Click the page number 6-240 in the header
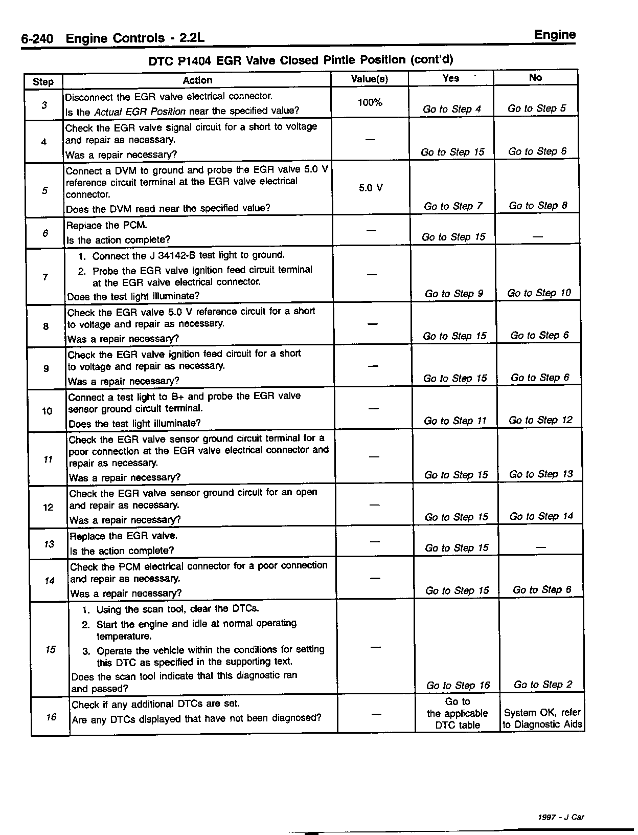point(37,39)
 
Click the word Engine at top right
point(555,35)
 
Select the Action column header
point(197,80)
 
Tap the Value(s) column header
point(370,79)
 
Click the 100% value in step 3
point(370,102)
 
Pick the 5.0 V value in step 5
point(371,188)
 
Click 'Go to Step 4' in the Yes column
point(452,109)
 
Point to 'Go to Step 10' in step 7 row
point(539,293)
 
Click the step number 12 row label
point(48,507)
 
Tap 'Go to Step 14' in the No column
point(541,516)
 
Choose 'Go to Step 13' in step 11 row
point(541,474)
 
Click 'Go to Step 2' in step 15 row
point(543,685)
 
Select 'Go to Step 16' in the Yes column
point(458,686)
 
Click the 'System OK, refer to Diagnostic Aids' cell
point(542,718)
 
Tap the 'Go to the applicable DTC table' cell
point(458,713)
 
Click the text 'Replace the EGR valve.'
point(123,536)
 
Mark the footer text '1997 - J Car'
point(561,817)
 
